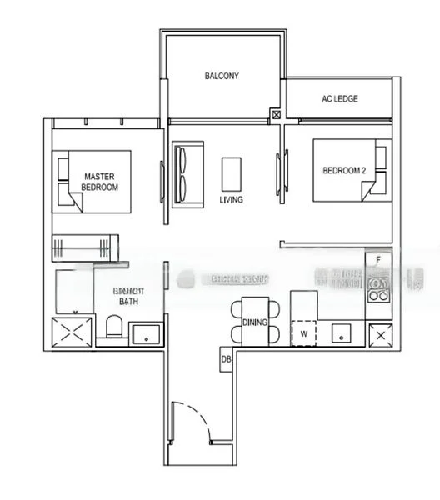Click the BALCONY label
pyautogui.click(x=222, y=76)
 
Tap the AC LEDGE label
pyautogui.click(x=339, y=98)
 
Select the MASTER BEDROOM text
pyautogui.click(x=99, y=182)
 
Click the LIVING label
pyautogui.click(x=231, y=200)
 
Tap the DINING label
pyautogui.click(x=253, y=322)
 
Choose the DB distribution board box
pyautogui.click(x=225, y=359)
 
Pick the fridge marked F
pyautogui.click(x=379, y=260)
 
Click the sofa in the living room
pyautogui.click(x=183, y=172)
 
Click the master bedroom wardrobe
pyautogui.click(x=86, y=247)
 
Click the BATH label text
pyautogui.click(x=128, y=301)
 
